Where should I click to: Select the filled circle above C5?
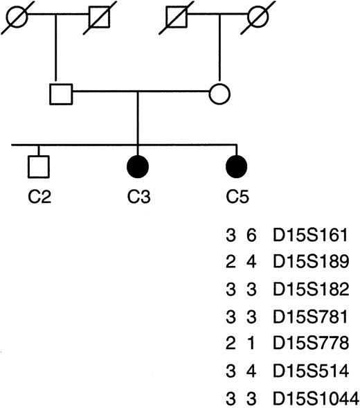point(237,167)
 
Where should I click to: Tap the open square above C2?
point(39,167)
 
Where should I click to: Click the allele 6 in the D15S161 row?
point(251,237)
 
